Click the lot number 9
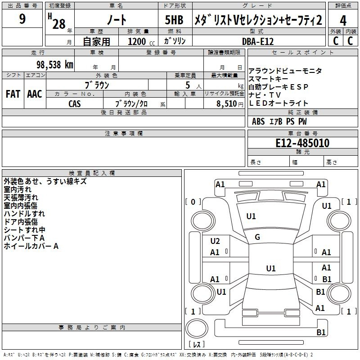coord(22,18)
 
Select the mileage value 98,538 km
coord(55,65)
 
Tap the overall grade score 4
coord(343,20)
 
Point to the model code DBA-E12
coord(258,41)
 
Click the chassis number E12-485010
coord(302,143)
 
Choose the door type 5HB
coord(174,20)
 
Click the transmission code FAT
coord(13,94)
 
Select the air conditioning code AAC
coord(35,94)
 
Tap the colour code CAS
coord(74,104)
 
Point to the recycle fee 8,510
coord(227,104)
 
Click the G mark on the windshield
coord(257,237)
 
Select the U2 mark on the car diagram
coord(215,241)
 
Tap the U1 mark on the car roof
coord(271,268)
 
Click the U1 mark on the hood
coord(251,216)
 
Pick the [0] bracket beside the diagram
coord(193,202)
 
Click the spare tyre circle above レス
coord(197,328)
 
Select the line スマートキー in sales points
coord(268,79)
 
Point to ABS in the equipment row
coord(258,121)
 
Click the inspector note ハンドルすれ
coord(24,214)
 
